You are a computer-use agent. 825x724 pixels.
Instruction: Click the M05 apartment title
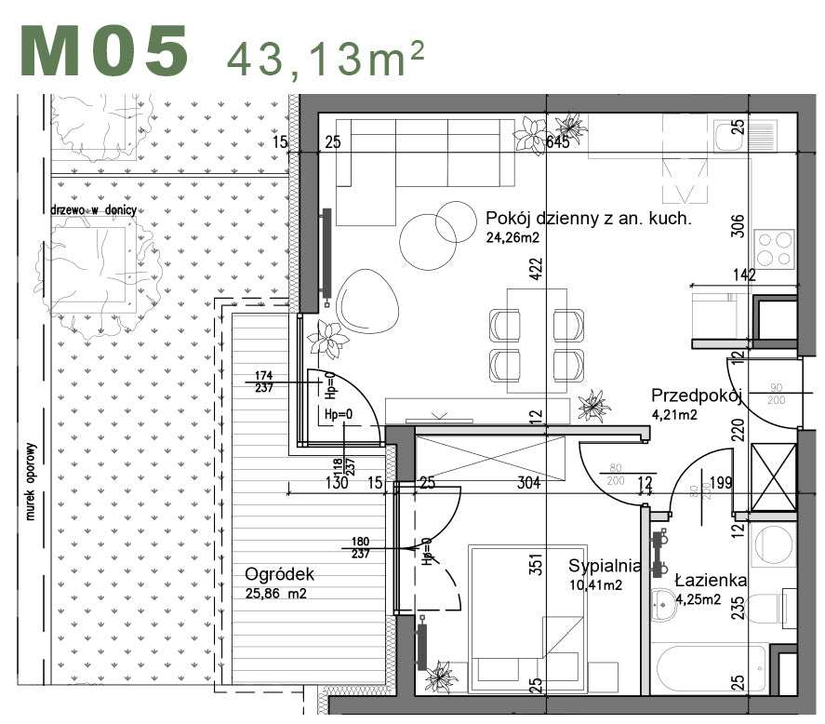coord(105,51)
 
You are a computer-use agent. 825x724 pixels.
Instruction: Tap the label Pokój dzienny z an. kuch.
coord(588,220)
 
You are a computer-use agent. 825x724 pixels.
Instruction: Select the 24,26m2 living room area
coord(512,237)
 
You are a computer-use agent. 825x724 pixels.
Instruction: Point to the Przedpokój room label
coord(694,395)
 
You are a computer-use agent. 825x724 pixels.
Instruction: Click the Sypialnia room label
coord(605,565)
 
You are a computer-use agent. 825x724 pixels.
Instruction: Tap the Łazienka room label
coord(711,581)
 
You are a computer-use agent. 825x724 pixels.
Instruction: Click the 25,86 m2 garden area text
coord(277,593)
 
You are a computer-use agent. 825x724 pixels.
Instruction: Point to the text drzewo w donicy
coord(94,210)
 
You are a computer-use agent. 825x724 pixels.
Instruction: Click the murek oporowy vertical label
coord(30,479)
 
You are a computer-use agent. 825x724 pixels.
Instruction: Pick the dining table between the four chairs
coord(537,340)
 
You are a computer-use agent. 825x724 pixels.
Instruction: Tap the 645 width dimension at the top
coord(558,142)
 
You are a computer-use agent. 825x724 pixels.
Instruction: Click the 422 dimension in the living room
coord(536,269)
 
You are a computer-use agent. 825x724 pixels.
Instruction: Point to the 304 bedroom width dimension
coord(527,482)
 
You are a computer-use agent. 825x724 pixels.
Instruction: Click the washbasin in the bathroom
coord(667,604)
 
